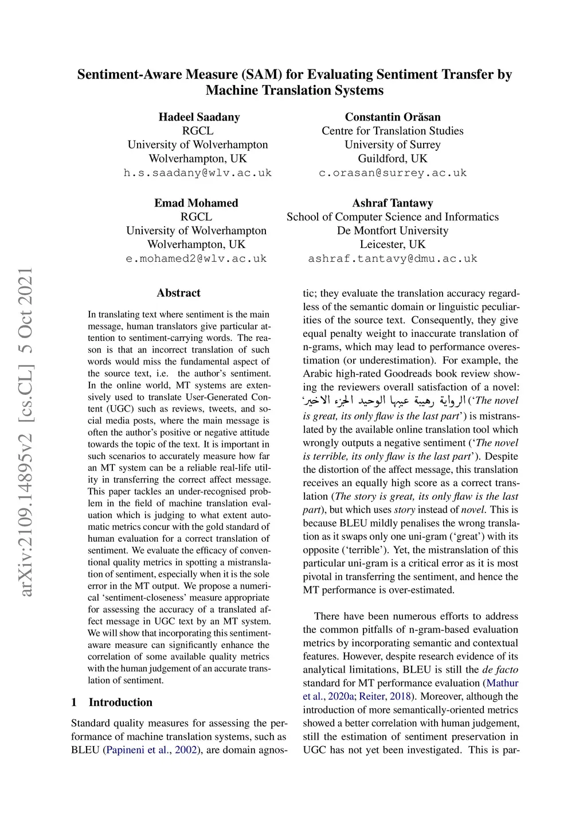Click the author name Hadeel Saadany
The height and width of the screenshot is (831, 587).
(199, 117)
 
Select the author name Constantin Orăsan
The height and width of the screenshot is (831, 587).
(393, 117)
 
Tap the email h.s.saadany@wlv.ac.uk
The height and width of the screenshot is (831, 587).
(198, 173)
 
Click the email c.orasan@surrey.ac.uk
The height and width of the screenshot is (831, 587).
(393, 173)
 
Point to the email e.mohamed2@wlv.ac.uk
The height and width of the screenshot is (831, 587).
(197, 259)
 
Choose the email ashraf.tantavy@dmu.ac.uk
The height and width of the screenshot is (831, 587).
(393, 259)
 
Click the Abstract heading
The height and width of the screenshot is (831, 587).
(179, 293)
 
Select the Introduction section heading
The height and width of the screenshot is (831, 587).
(120, 702)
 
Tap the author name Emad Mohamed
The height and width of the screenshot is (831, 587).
(196, 203)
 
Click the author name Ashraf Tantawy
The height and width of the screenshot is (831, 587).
(393, 203)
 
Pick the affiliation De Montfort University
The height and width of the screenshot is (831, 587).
(393, 231)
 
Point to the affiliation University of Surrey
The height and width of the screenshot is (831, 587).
(393, 145)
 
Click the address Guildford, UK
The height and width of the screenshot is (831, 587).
(393, 158)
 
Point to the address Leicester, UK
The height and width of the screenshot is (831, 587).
(393, 244)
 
